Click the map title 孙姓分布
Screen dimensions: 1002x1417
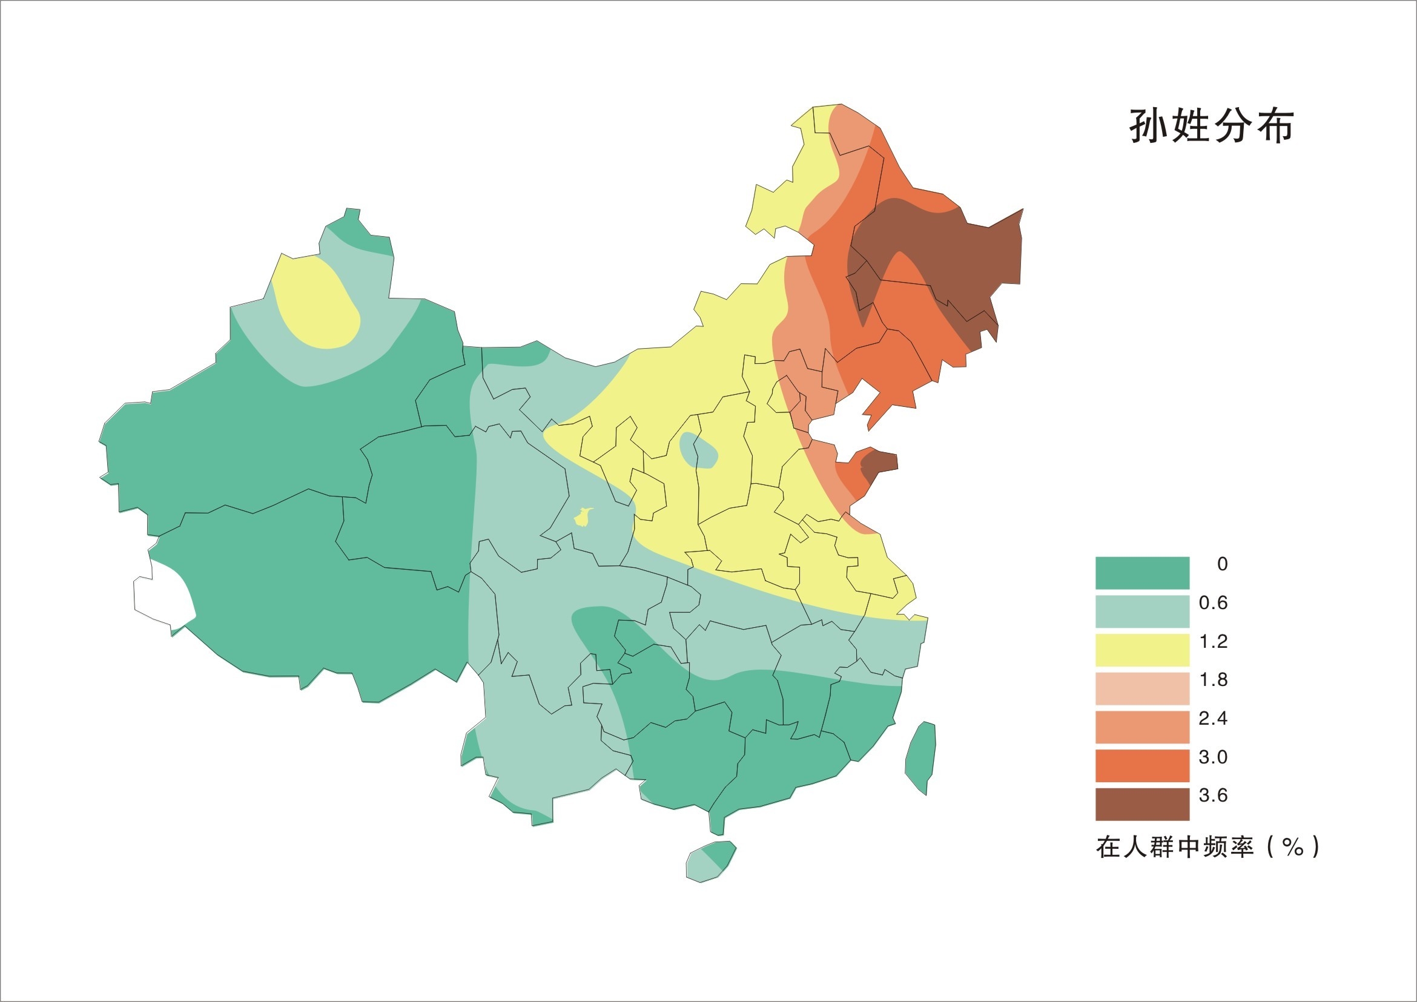(x=1211, y=127)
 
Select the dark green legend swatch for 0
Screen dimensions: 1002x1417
(x=1142, y=573)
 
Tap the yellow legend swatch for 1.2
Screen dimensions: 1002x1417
(x=1142, y=650)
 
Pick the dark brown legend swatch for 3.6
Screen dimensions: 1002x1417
(x=1142, y=804)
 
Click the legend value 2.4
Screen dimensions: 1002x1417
(x=1213, y=718)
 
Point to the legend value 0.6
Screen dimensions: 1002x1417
(x=1213, y=603)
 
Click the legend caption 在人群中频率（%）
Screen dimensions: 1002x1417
(x=1207, y=846)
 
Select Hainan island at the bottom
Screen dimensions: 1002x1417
(x=710, y=862)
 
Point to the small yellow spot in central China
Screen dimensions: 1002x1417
(x=583, y=516)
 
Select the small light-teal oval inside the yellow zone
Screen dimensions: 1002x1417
(x=699, y=451)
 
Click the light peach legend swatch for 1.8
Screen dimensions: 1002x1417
(x=1142, y=688)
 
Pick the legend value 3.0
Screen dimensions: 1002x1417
(x=1213, y=757)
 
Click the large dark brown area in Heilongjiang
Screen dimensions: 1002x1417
(x=951, y=247)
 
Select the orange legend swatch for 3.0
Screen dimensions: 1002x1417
(x=1142, y=765)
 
